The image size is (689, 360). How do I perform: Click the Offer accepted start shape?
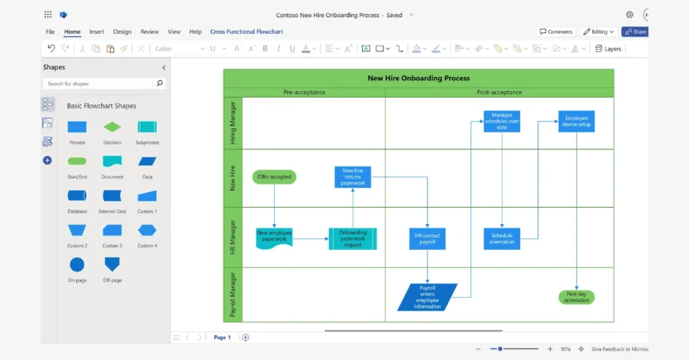273,177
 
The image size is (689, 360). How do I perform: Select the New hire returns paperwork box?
354,176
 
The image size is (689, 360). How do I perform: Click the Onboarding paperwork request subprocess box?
353,238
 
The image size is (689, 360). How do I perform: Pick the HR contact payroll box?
427,238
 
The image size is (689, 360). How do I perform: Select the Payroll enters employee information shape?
427,296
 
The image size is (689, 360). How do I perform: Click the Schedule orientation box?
502,238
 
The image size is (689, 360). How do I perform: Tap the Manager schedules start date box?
502,121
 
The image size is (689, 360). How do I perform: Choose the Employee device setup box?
576,121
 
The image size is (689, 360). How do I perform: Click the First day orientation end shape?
576,297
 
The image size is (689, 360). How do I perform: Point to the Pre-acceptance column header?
304,92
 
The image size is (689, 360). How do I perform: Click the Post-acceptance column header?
499,92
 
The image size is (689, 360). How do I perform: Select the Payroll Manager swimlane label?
233,295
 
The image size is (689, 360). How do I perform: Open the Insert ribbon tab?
97,31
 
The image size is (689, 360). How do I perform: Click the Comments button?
556,31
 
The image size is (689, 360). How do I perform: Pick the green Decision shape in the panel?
112,127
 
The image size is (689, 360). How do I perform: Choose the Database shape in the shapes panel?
76,195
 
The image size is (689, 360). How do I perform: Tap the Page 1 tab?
222,338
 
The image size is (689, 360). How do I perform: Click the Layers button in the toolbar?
608,49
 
